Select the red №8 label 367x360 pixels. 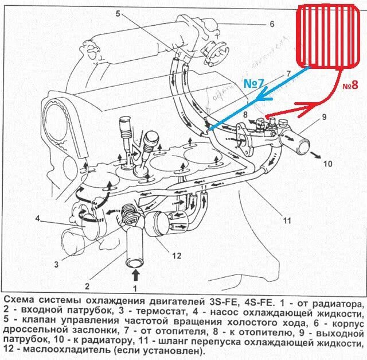[350, 86]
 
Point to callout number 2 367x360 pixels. [87, 285]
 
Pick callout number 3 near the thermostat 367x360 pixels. [57, 264]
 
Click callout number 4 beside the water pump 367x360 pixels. [37, 218]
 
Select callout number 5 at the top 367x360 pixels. [117, 13]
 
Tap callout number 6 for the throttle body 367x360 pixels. [272, 24]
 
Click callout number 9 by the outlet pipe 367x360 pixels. [324, 117]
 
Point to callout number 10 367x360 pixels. [327, 164]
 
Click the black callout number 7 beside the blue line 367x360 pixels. [288, 73]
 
